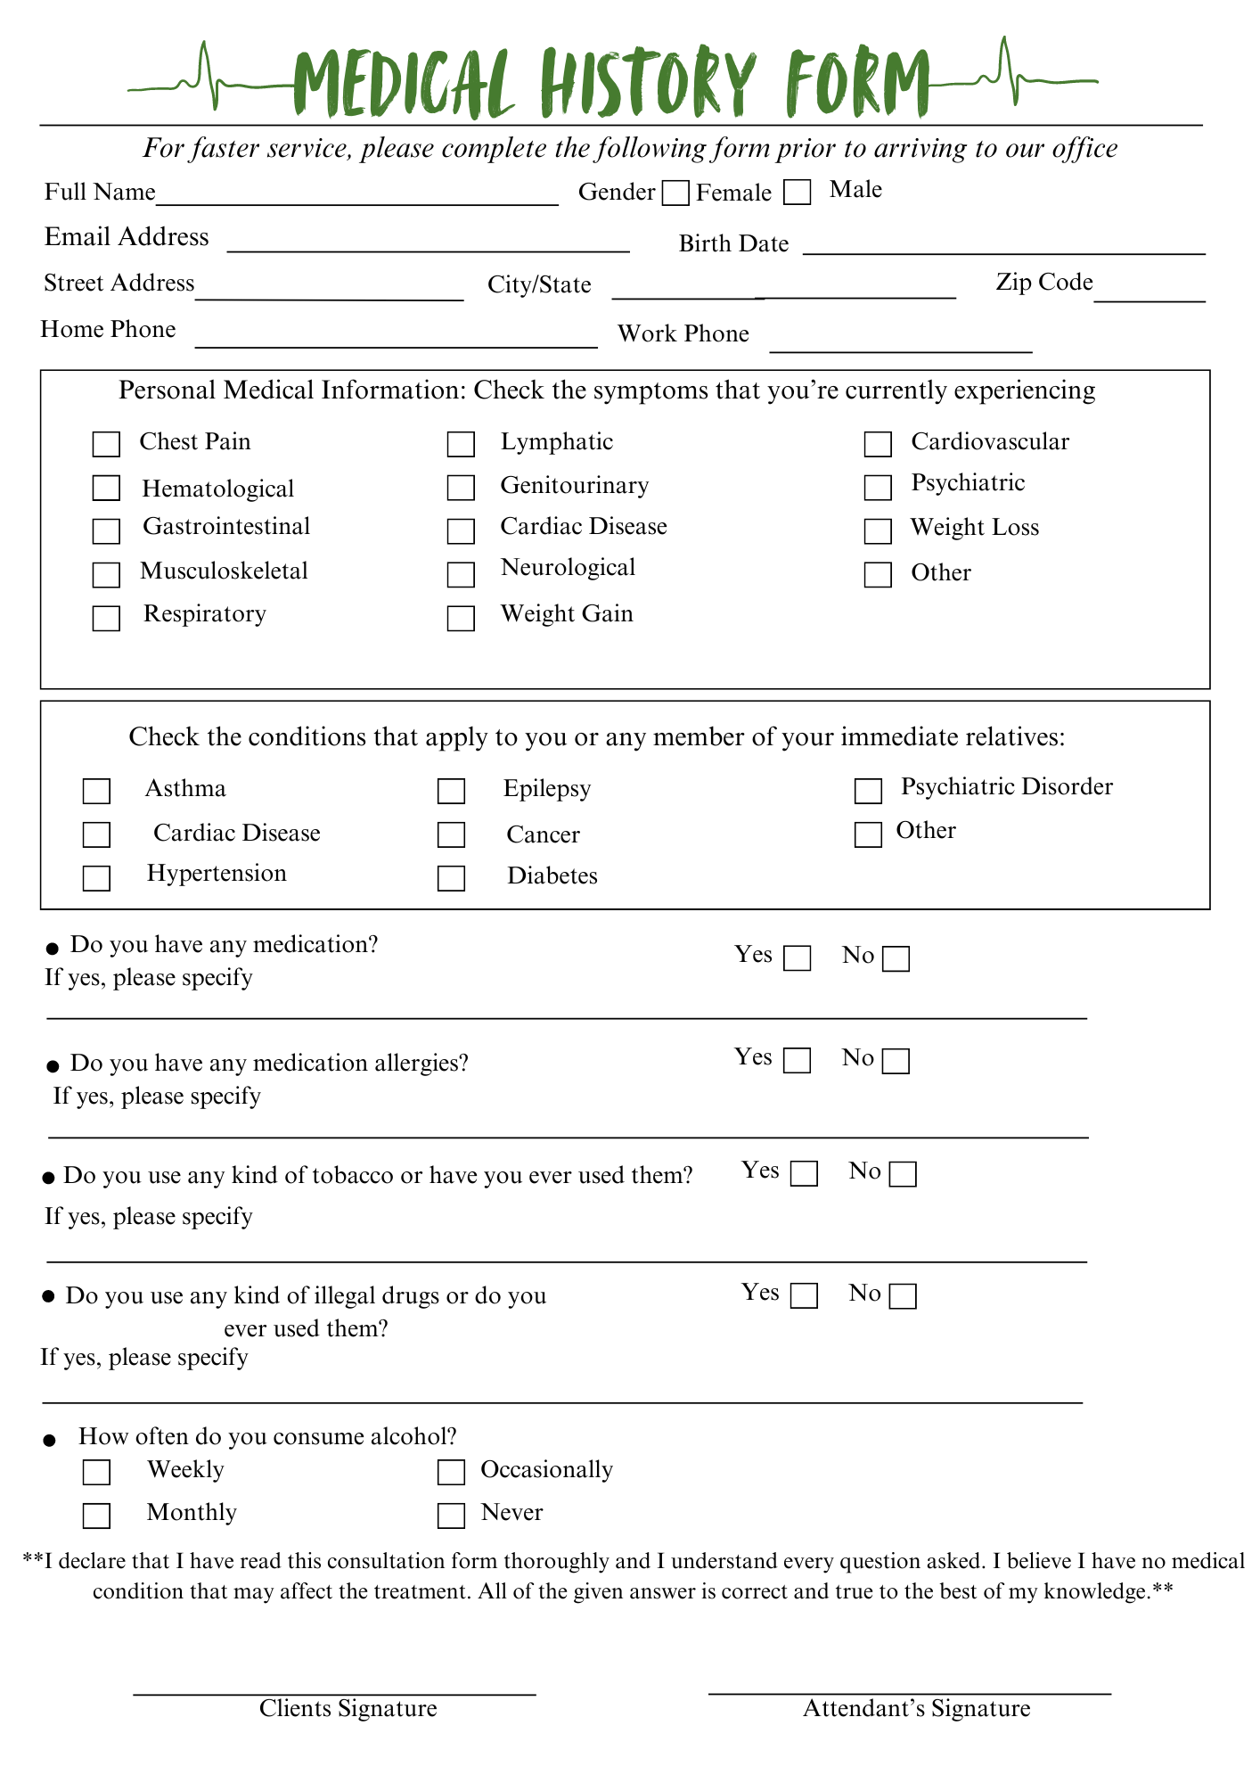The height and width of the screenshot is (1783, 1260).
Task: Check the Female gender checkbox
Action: [675, 193]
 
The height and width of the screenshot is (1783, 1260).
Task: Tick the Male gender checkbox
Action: [797, 193]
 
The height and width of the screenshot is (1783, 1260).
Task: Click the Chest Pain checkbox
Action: [106, 444]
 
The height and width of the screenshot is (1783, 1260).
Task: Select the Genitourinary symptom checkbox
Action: [461, 488]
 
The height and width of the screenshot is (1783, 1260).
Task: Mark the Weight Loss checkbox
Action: [878, 531]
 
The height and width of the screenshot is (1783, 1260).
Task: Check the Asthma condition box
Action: [96, 791]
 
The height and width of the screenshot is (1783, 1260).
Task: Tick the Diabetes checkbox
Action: [451, 878]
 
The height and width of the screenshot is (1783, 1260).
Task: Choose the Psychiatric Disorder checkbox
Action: [868, 791]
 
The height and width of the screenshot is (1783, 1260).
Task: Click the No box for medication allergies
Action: [896, 1061]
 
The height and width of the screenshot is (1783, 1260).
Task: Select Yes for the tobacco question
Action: [804, 1173]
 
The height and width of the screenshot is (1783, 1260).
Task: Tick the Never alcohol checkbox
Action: [451, 1516]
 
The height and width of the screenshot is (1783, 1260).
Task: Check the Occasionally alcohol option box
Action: [451, 1472]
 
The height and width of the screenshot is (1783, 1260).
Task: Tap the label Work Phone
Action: [683, 334]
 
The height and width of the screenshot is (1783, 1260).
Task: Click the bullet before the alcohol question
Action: [50, 1441]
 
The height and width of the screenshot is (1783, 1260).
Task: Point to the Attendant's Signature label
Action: [916, 1709]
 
